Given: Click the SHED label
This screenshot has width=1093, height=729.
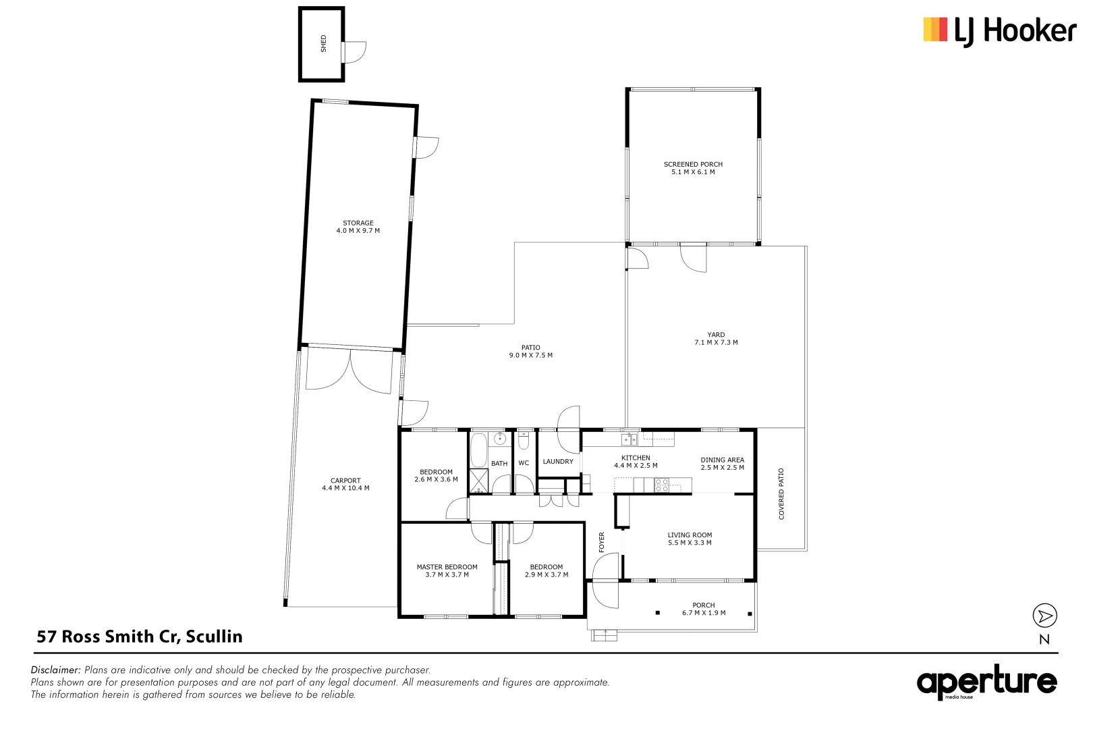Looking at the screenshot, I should click(x=323, y=43).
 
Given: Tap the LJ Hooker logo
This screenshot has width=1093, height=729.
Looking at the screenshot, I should click(x=999, y=31).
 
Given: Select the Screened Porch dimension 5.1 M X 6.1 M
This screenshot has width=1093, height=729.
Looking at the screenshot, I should click(x=693, y=172).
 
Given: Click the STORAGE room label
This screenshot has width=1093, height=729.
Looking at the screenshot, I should click(x=358, y=223).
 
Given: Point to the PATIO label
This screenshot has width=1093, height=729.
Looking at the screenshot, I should click(x=530, y=348).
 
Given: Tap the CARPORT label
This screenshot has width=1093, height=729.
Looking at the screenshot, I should click(x=345, y=481).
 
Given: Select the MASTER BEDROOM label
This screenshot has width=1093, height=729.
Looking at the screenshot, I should click(x=447, y=567).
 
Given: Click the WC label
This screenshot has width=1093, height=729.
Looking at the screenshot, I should click(x=524, y=463).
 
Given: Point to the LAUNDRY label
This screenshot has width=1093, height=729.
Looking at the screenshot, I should click(x=558, y=462).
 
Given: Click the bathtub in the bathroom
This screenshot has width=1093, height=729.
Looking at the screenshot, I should click(x=478, y=450).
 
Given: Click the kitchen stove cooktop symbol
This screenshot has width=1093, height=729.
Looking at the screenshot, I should click(x=661, y=485).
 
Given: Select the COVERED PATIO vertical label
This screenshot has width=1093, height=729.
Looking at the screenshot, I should click(x=781, y=493).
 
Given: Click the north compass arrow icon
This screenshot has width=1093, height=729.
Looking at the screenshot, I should click(x=1044, y=616).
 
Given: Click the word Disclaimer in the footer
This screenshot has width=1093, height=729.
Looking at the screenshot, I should click(x=56, y=670).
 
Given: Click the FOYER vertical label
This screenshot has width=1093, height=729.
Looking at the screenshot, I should click(x=602, y=542).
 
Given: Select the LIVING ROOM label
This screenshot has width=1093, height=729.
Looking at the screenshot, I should click(x=690, y=535).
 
